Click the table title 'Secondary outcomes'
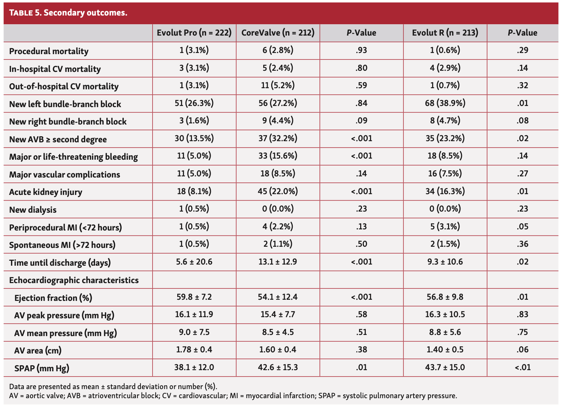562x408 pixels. point(85,12)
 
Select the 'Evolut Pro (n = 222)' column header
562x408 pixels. point(194,33)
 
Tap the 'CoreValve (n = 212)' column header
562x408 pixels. point(278,33)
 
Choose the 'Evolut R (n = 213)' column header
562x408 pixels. point(445,33)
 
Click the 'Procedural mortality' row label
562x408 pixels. point(49,51)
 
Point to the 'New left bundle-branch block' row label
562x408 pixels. point(65,104)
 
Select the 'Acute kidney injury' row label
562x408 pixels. point(45,192)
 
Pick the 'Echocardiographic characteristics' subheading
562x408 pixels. point(74,280)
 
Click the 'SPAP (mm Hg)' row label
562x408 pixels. point(42,368)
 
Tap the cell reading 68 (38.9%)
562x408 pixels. point(445,103)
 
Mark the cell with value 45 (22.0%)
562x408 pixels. point(278,191)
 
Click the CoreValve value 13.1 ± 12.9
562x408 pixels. point(278,262)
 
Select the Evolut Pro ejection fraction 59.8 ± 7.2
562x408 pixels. point(194,297)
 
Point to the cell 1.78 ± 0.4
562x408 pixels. point(194,350)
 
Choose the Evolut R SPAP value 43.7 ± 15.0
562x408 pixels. point(445,367)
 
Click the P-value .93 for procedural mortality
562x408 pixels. point(361,50)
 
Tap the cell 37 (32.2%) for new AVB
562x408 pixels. point(278,138)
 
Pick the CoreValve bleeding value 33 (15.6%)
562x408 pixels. point(278,156)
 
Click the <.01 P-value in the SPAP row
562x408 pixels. point(523,367)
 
